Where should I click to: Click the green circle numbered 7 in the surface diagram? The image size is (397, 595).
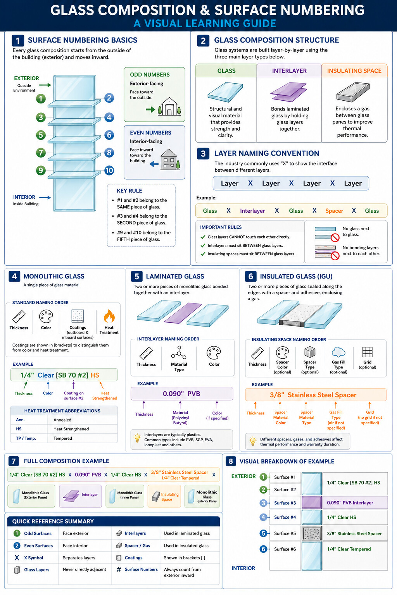[x=41, y=153]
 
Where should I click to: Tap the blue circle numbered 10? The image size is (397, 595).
[x=109, y=170]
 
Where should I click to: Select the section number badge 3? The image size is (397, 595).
[x=203, y=153]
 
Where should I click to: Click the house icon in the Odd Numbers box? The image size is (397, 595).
[x=169, y=107]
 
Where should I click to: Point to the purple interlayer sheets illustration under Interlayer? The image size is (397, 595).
[x=289, y=92]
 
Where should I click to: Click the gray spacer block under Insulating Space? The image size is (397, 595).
[x=353, y=92]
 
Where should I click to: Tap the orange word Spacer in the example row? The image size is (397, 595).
[x=334, y=211]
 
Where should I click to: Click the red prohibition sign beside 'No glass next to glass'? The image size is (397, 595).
[x=335, y=237]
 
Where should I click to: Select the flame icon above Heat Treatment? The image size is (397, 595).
[x=109, y=316]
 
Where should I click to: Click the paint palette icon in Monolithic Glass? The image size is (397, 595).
[x=46, y=316]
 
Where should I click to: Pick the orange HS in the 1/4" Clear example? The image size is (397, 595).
[x=95, y=375]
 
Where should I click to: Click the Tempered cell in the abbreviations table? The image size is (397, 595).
[x=63, y=438]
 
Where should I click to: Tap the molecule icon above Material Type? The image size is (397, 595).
[x=179, y=353]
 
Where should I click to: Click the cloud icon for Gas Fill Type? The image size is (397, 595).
[x=338, y=352]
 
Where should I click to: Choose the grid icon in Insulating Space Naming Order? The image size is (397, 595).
[x=367, y=352]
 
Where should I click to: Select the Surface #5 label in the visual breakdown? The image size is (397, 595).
[x=285, y=533]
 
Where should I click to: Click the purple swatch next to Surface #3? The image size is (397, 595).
[x=312, y=502]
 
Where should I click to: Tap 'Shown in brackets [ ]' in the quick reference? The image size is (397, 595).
[x=185, y=558]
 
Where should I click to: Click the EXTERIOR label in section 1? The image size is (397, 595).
[x=26, y=78]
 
